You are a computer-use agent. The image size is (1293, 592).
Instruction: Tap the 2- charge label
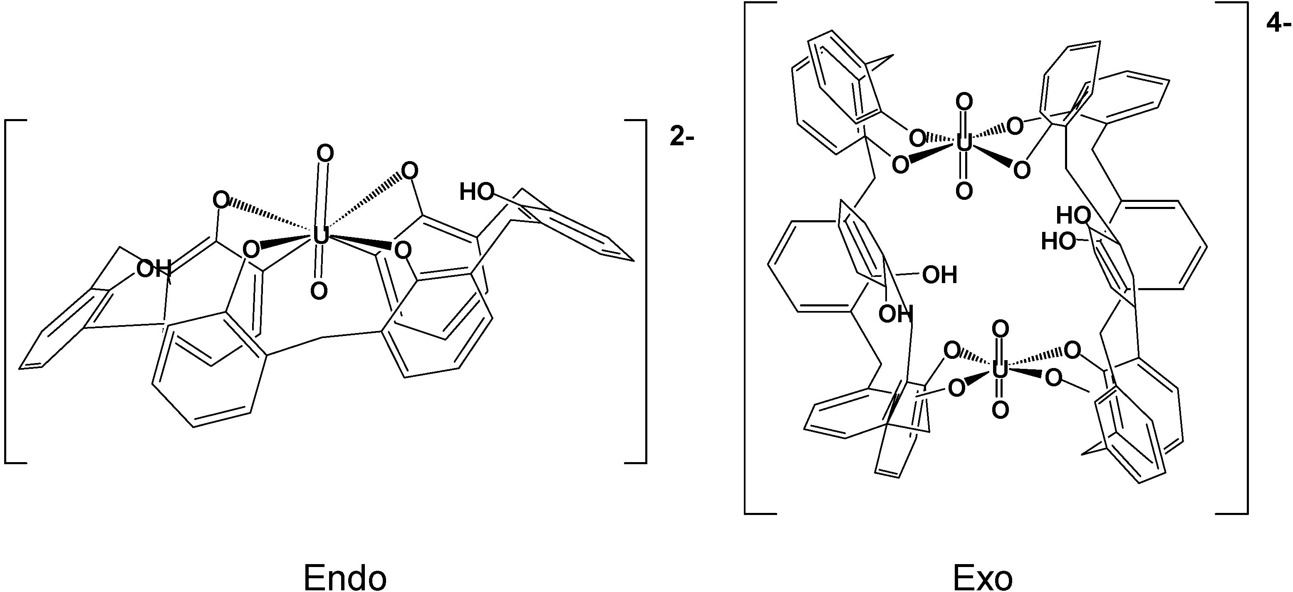(681, 137)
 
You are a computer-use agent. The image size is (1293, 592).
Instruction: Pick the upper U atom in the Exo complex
(963, 144)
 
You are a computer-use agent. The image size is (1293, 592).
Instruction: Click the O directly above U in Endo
(325, 154)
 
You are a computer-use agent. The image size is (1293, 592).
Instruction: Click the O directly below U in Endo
(319, 291)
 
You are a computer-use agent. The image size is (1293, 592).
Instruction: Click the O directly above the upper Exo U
(964, 102)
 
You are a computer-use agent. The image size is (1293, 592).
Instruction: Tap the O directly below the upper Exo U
(964, 191)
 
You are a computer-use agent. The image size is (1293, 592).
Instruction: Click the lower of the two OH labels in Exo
(895, 314)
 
